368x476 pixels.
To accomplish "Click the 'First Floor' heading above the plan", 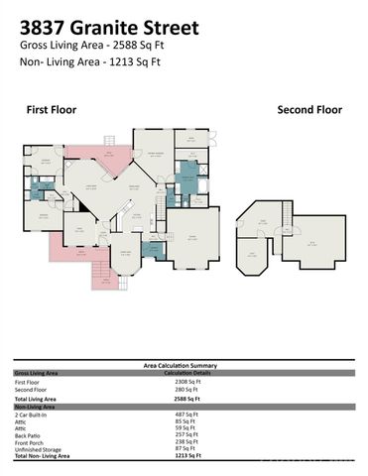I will click(x=51, y=110).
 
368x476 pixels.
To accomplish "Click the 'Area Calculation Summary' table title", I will click(x=184, y=365).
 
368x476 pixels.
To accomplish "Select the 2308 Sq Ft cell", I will click(x=188, y=381).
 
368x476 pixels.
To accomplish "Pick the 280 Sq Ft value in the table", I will click(x=187, y=390).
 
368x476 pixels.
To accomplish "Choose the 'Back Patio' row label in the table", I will click(x=30, y=434).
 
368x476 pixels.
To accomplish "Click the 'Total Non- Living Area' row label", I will click(x=44, y=455).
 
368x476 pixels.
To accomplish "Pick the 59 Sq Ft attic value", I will click(x=185, y=427).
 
